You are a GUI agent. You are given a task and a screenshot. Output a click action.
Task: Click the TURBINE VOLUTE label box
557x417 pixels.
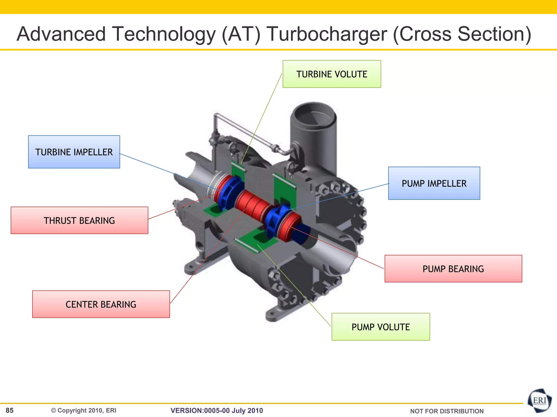[332, 74]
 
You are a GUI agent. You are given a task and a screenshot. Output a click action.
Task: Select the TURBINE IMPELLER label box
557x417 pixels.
[74, 152]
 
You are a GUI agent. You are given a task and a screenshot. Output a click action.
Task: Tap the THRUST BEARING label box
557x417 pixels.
[79, 220]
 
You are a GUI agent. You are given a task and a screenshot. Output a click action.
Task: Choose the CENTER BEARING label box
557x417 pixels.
[101, 304]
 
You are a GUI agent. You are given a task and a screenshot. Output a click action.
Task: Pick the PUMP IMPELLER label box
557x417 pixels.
[434, 183]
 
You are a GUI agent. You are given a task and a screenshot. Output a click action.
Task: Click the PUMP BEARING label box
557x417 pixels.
[453, 268]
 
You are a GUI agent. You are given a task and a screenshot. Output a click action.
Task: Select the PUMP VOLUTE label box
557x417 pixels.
[381, 327]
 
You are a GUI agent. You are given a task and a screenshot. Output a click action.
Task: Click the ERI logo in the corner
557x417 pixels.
[539, 401]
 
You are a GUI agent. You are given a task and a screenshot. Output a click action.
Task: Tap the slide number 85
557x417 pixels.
[10, 410]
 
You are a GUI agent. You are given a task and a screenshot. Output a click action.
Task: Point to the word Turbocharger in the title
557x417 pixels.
[326, 34]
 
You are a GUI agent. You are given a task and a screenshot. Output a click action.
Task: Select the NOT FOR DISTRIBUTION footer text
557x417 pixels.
[447, 411]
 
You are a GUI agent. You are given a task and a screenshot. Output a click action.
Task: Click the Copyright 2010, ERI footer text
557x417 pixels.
[84, 410]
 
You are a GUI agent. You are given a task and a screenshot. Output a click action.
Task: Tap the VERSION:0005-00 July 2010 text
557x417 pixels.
[217, 410]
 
